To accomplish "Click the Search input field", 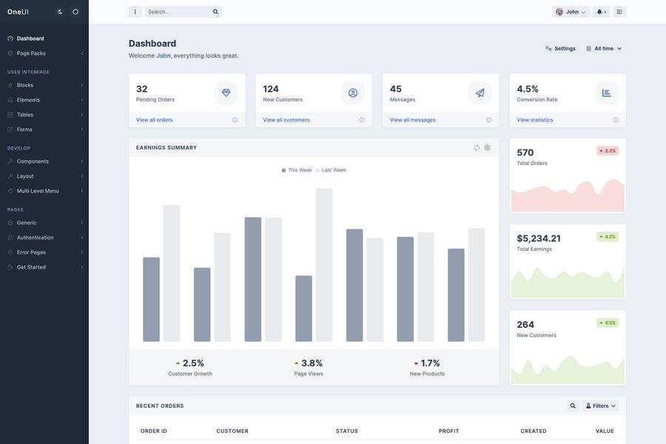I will (x=178, y=12).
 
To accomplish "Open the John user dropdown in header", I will (x=571, y=12).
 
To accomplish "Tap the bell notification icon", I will (x=601, y=12).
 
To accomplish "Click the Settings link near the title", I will (x=560, y=48).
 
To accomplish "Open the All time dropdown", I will (x=604, y=48).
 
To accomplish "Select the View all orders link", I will (x=154, y=120).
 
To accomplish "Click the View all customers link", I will (x=286, y=120).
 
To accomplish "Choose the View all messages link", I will (x=412, y=120).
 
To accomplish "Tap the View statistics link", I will (x=534, y=120).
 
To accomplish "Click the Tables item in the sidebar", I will (x=25, y=115).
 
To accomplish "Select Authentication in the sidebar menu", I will (x=35, y=238).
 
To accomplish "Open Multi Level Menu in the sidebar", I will (x=38, y=191).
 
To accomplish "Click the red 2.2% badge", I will (x=608, y=151).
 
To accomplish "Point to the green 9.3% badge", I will (x=608, y=323).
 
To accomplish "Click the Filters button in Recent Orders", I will (x=600, y=406).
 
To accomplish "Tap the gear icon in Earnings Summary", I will (x=487, y=147).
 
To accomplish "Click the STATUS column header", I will (x=346, y=431).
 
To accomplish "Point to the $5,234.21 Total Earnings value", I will (x=539, y=238).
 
